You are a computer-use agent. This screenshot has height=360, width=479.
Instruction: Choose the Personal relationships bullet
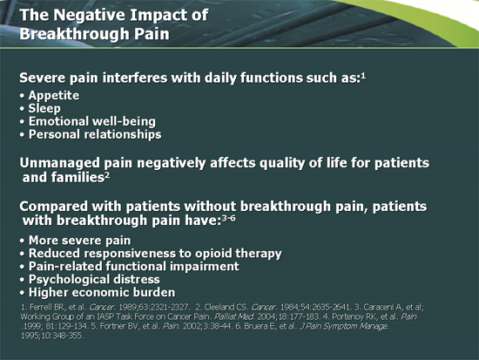click(94, 134)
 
